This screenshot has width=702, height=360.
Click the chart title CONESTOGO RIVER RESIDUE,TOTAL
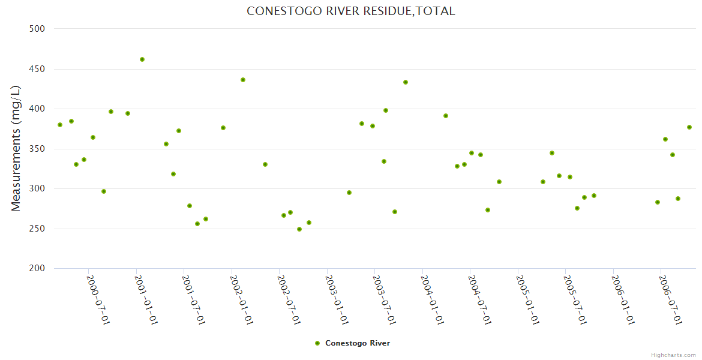351,11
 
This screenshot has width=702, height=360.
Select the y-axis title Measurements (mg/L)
16,148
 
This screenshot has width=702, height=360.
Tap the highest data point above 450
142,59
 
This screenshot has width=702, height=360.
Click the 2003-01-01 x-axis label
337,300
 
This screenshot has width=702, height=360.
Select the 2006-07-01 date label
670,300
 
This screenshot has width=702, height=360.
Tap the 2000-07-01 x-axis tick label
98,300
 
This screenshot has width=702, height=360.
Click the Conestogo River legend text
358,343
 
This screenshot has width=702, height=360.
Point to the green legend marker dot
317,343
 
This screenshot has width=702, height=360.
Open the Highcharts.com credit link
673,355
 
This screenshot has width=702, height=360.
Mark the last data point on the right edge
689,127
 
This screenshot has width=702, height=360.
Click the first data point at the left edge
60,125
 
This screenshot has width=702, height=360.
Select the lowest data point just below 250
299,229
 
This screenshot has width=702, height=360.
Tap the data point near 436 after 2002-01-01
243,80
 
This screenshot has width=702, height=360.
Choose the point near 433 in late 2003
406,82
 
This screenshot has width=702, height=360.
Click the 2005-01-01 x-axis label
527,300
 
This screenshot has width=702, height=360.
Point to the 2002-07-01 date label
289,300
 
